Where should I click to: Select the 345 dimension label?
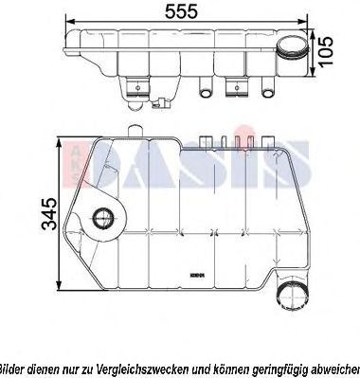point(39,217)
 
